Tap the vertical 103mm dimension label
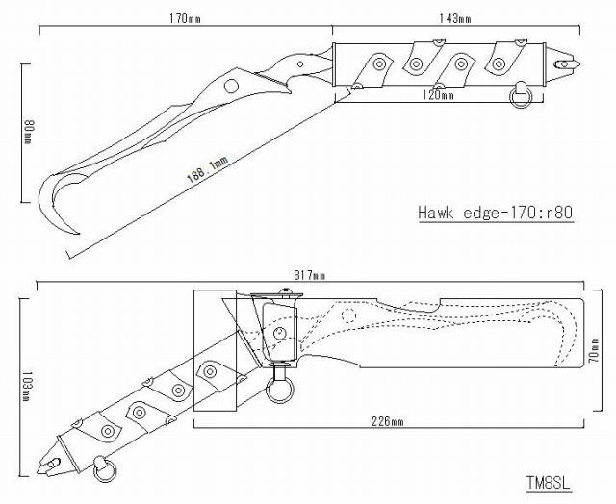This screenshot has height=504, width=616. click(28, 390)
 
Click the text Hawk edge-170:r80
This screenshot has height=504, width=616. click(496, 212)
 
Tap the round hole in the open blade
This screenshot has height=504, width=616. click(232, 87)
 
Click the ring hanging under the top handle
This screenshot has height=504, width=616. click(521, 92)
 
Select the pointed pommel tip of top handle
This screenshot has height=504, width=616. click(575, 63)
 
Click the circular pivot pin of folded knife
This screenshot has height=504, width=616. click(279, 334)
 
